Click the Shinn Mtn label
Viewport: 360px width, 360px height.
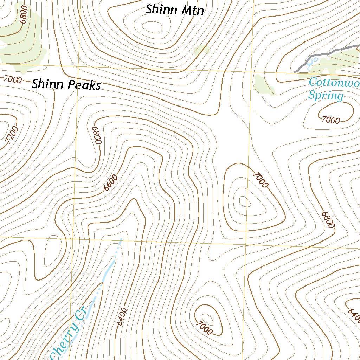pyautogui.click(x=175, y=10)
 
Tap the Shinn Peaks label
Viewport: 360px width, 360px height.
pyautogui.click(x=66, y=85)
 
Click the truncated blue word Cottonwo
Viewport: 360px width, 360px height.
pyautogui.click(x=334, y=83)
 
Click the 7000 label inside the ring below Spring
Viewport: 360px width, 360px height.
pyautogui.click(x=331, y=120)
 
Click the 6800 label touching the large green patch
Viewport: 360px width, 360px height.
pyautogui.click(x=24, y=14)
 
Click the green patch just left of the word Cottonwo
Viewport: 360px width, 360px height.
pyautogui.click(x=264, y=85)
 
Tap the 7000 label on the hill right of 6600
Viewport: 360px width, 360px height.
pyautogui.click(x=261, y=180)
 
